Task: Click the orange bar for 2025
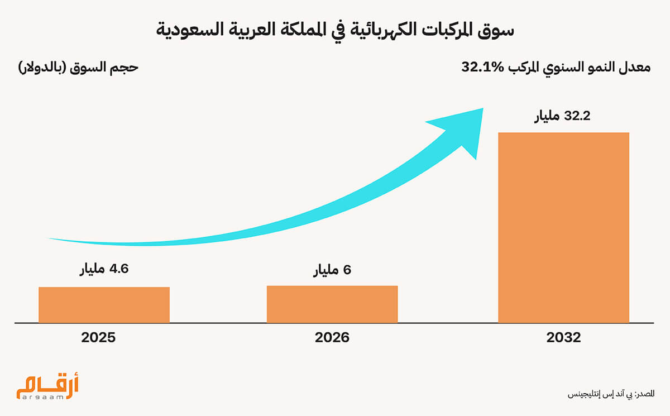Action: pos(104,304)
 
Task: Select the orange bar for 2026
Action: pos(332,304)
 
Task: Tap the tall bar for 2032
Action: pos(563,227)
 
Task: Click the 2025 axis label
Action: pos(98,338)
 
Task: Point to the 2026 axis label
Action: pos(332,338)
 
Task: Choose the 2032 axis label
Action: pos(564,338)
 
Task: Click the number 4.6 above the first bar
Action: pos(118,269)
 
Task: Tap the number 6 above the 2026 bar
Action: pos(347,271)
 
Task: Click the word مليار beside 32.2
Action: pos(550,117)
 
